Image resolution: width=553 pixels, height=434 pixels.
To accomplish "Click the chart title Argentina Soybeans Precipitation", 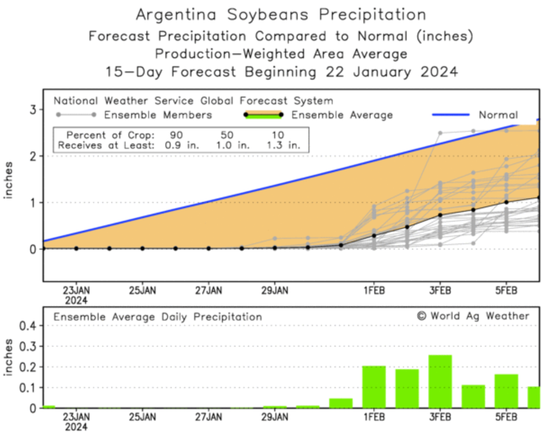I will pyautogui.click(x=281, y=14).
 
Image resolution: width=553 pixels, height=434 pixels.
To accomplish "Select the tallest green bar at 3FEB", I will pyautogui.click(x=440, y=381).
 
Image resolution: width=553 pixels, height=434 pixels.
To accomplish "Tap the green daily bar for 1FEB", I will pyautogui.click(x=374, y=386).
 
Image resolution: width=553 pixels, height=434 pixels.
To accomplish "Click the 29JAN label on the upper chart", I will pyautogui.click(x=275, y=291).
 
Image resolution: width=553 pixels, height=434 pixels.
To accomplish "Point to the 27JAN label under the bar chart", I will pyautogui.click(x=209, y=417).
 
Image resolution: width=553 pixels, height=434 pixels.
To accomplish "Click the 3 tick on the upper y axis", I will pyautogui.click(x=34, y=110).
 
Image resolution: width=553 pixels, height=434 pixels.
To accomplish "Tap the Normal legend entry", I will pyautogui.click(x=498, y=115).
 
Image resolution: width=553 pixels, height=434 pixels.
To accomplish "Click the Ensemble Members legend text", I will pyautogui.click(x=158, y=115).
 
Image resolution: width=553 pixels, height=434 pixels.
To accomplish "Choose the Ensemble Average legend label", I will pyautogui.click(x=342, y=115).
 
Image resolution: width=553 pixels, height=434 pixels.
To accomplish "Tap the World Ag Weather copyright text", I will pyautogui.click(x=473, y=316).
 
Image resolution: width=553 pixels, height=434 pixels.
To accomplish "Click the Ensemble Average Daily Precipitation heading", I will pyautogui.click(x=158, y=317).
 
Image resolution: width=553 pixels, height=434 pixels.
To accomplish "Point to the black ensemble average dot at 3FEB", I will pyautogui.click(x=440, y=215).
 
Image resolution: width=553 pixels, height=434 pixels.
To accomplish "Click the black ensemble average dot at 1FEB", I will pyautogui.click(x=374, y=236).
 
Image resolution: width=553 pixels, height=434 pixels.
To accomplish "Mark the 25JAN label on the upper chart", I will pyautogui.click(x=142, y=291).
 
